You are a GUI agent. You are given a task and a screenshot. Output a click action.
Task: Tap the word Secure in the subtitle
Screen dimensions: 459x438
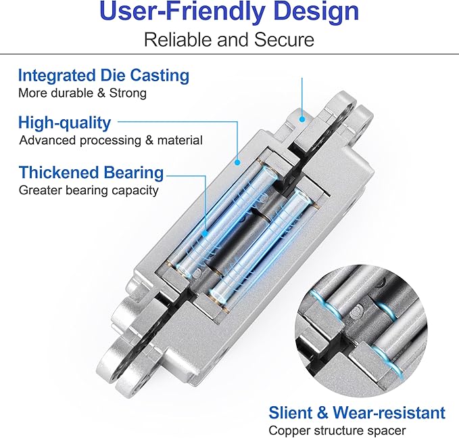click(284, 40)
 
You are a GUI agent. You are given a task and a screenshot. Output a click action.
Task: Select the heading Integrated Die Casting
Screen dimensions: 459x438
click(103, 76)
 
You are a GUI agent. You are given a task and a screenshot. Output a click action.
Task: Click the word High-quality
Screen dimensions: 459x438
click(64, 123)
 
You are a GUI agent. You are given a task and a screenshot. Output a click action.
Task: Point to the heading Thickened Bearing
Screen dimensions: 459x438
click(91, 173)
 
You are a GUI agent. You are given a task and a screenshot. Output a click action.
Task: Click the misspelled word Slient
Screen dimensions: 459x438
click(291, 413)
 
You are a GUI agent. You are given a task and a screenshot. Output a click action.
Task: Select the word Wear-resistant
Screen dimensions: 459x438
click(389, 413)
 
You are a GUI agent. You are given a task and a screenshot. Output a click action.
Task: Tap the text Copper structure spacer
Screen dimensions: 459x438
click(337, 431)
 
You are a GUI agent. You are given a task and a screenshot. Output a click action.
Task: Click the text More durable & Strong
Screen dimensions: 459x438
click(82, 93)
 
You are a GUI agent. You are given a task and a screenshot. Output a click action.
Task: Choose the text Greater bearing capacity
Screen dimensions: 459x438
click(89, 190)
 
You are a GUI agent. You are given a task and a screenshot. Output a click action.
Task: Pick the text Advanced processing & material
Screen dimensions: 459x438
click(111, 140)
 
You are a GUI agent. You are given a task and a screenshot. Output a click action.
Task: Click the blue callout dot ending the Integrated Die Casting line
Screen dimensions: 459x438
click(302, 119)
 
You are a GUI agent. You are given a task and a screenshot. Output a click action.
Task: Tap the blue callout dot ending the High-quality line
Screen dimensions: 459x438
click(237, 162)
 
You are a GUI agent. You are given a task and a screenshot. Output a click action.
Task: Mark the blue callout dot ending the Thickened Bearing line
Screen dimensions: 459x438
click(205, 234)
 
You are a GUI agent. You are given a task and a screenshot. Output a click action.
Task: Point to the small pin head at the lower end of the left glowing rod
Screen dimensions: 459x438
click(197, 273)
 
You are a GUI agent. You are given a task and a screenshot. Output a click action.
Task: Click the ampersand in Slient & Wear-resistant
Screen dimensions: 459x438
click(322, 413)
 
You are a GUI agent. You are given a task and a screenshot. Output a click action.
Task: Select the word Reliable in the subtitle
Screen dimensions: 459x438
click(178, 40)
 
